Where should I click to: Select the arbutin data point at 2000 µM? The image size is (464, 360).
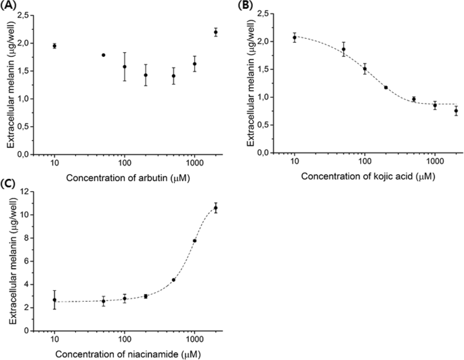(x=215, y=32)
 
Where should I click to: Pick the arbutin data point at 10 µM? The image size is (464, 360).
(x=54, y=45)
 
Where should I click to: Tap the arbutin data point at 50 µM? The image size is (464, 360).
(x=104, y=55)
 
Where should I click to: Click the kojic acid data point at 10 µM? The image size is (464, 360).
(x=295, y=37)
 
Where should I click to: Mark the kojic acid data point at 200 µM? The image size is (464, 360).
(x=385, y=87)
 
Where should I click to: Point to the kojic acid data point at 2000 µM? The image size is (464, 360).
(x=456, y=111)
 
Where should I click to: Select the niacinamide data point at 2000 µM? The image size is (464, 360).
(x=215, y=207)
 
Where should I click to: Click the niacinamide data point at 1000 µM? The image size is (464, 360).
(x=194, y=241)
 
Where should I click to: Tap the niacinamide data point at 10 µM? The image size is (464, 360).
(x=54, y=299)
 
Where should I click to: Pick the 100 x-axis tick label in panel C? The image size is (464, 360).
(x=125, y=339)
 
